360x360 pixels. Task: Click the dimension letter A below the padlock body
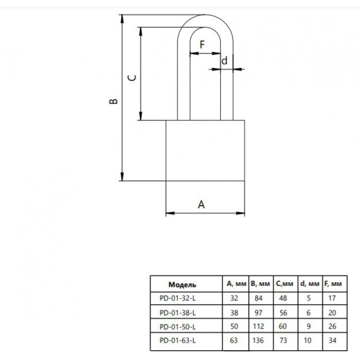pos(201,204)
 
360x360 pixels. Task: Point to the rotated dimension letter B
pos(113,101)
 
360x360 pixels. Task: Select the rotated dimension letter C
pos(132,78)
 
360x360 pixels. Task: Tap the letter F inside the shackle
pos(202,45)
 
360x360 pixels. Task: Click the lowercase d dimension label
pos(224,61)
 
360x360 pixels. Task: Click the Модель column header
pos(182,285)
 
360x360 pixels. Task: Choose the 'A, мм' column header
pos(236,284)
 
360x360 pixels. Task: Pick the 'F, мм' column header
pos(333,284)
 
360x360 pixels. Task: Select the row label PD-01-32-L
pos(177,298)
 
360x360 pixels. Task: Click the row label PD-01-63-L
pos(177,340)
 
